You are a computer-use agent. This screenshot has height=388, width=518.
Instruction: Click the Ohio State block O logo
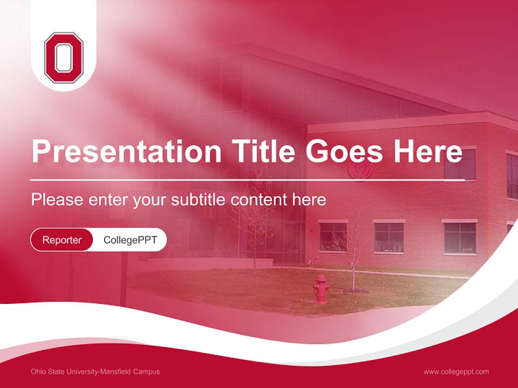coord(64,58)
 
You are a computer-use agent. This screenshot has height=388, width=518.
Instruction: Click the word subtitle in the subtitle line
coord(199,200)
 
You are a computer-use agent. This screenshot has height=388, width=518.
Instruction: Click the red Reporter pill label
coord(62,240)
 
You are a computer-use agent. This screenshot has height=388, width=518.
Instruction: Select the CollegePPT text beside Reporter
coord(130,240)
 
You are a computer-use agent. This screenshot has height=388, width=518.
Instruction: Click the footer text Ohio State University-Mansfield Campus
coord(96,372)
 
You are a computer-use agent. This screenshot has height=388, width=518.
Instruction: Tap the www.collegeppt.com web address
coord(456,372)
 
